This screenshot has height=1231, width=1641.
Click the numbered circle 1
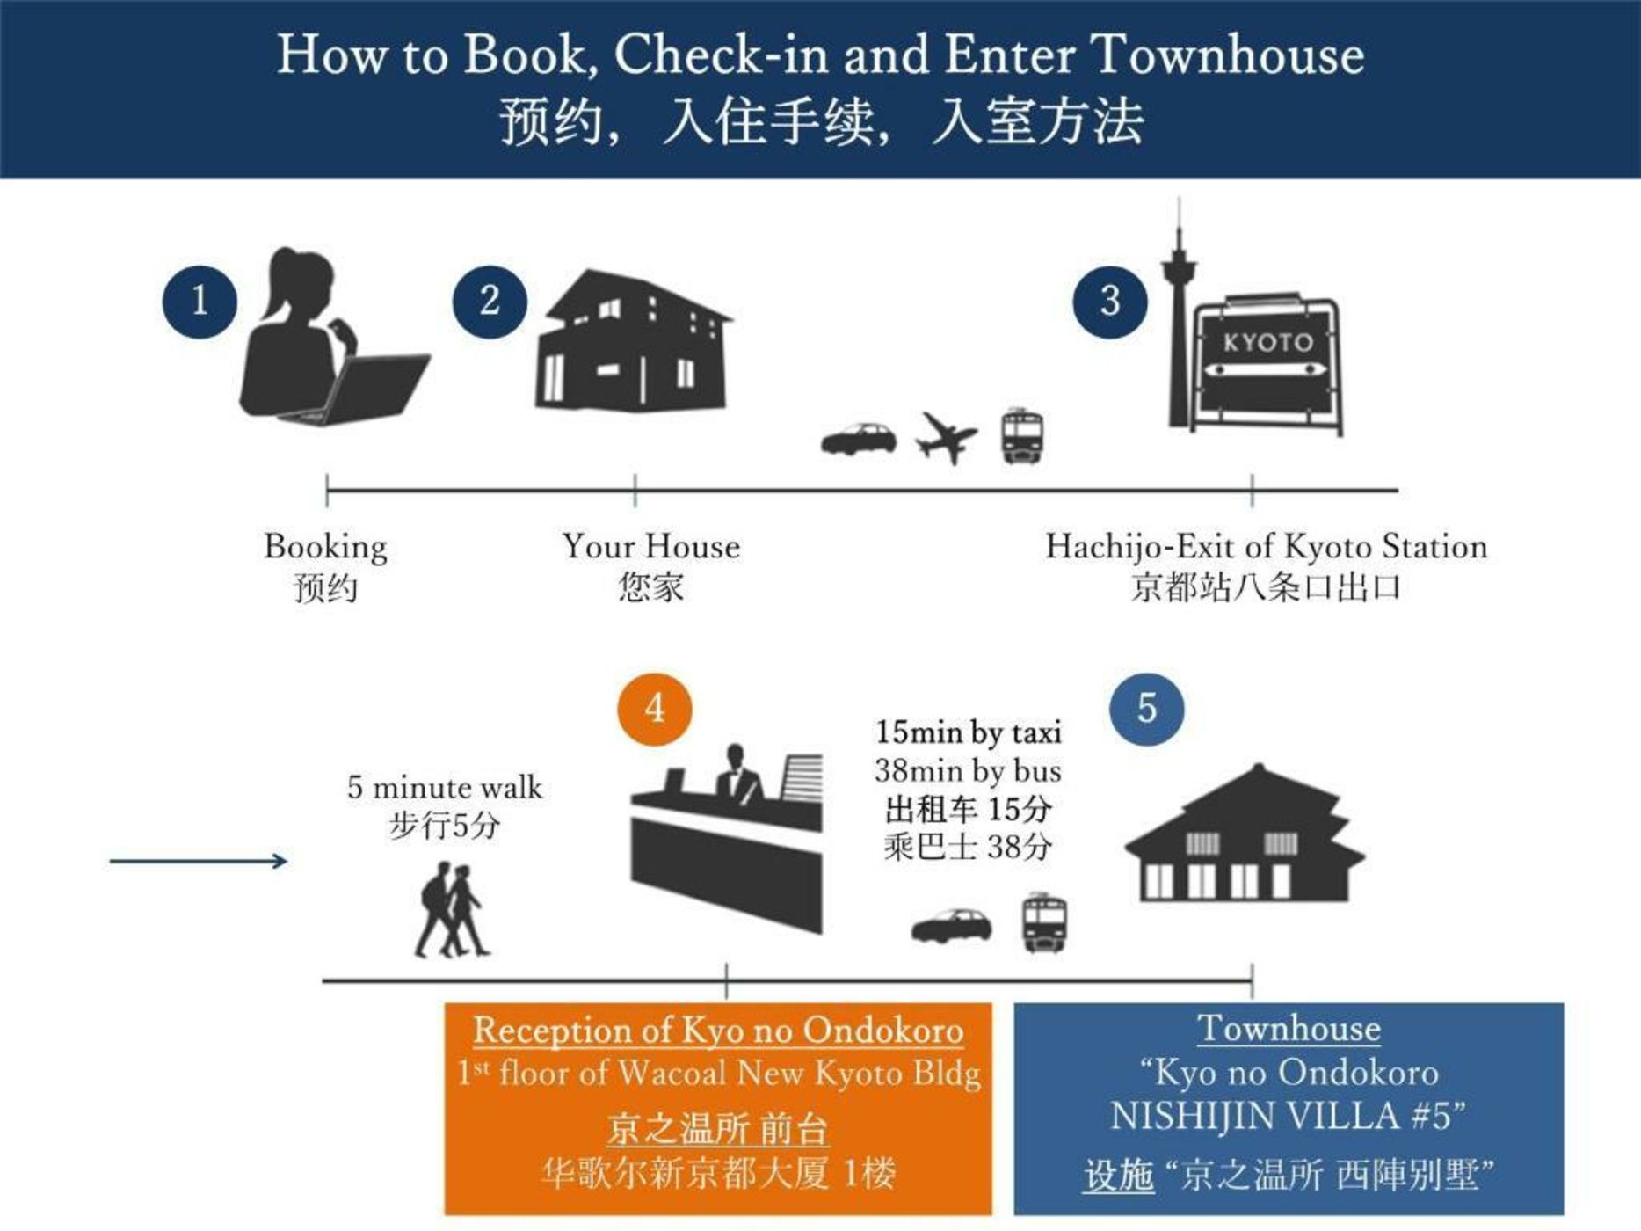200,302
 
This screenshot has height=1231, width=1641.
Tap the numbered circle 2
490,302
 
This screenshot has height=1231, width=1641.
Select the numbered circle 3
1110,302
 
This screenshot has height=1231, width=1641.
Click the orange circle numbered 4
655,709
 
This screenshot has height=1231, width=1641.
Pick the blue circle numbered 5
1147,709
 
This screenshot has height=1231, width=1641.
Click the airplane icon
946,437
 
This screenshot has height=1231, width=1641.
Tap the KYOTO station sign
1267,362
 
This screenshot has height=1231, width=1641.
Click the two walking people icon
452,909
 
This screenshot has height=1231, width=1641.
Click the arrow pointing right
199,861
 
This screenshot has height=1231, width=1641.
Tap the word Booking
325,548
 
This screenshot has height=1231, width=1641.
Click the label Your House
651,547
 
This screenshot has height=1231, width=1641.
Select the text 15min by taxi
969,732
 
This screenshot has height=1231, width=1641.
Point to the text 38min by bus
968,771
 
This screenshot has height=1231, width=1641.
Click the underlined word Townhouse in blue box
1289,1029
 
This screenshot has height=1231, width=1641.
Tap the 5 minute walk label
445,787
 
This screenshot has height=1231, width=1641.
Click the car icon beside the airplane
859,439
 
